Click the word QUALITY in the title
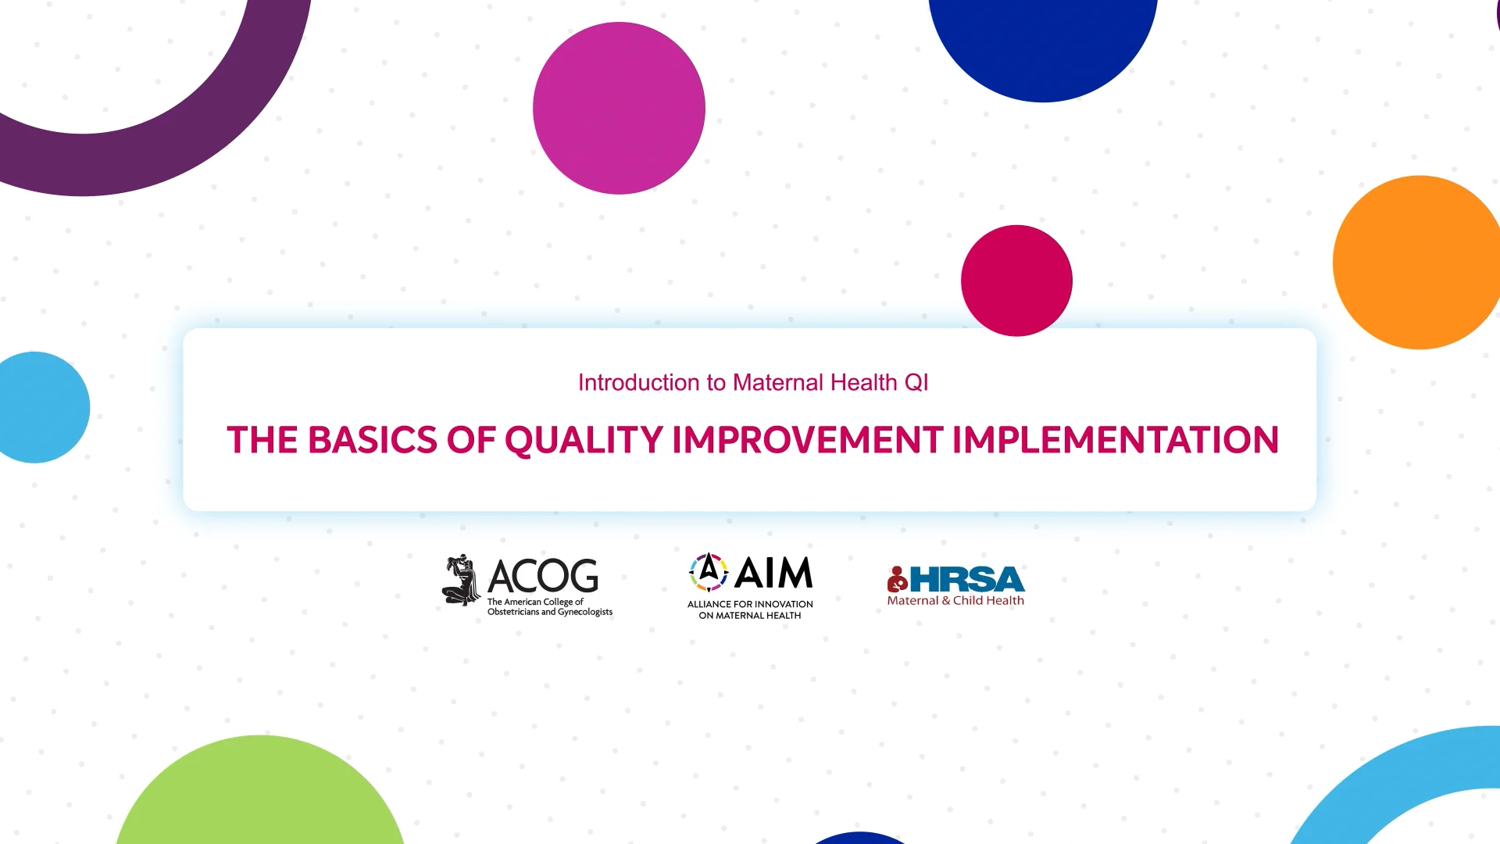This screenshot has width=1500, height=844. [x=584, y=440]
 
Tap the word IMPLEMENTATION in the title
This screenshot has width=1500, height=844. [x=1115, y=440]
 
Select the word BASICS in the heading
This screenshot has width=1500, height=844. [x=372, y=440]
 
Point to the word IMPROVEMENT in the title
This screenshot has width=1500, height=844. [x=807, y=440]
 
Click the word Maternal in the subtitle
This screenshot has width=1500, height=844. [x=778, y=382]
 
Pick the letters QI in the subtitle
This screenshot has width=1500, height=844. [x=916, y=382]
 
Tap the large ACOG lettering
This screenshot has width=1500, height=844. [x=543, y=576]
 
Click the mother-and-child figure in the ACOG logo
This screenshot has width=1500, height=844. [x=461, y=580]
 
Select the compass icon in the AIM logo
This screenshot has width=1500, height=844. [x=708, y=572]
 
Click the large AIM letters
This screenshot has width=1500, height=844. [x=773, y=574]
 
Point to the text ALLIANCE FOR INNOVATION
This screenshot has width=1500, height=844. [x=750, y=604]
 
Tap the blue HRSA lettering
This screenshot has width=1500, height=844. [x=967, y=579]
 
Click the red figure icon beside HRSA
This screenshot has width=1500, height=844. [x=897, y=579]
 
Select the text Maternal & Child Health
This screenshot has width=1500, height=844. [x=955, y=601]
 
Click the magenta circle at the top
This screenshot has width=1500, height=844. [x=619, y=108]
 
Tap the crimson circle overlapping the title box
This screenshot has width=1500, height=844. [x=1016, y=281]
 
